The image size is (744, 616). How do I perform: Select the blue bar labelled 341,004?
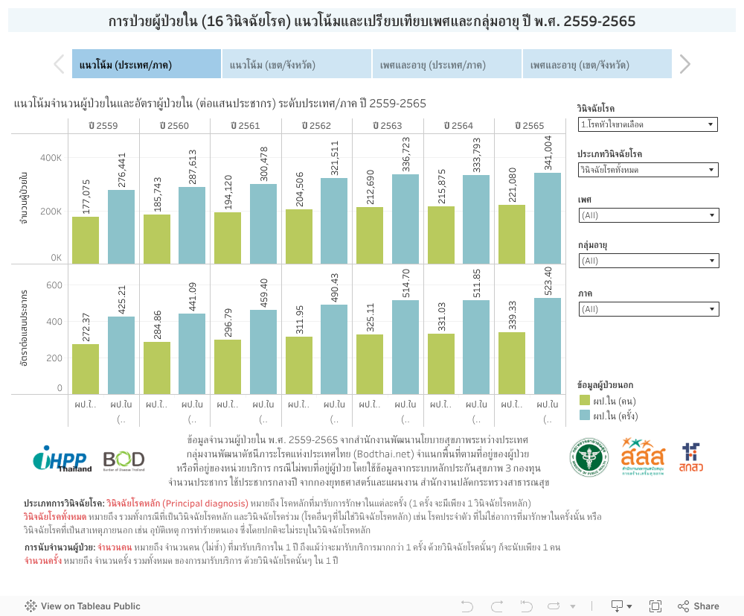pos(548,218)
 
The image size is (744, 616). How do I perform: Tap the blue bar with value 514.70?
pos(405,346)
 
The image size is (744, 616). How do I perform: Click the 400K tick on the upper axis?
pos(51,158)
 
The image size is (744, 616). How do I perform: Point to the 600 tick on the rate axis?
pos(54,285)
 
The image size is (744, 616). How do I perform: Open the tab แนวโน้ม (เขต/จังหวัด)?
pos(297,65)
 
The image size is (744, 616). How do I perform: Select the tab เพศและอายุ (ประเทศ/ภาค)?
pos(447,65)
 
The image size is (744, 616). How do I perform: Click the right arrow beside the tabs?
pos(685,65)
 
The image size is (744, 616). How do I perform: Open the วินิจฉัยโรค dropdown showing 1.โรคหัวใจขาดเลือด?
pos(647,124)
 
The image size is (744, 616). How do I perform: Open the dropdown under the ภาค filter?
pos(647,308)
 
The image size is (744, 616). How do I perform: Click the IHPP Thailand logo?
pos(62,459)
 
